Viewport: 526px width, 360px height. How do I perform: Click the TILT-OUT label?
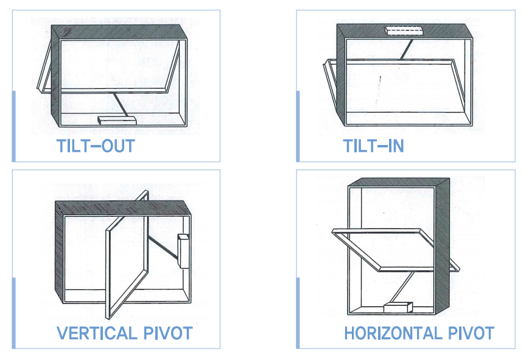coord(96,146)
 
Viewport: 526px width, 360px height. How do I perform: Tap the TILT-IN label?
coord(373,146)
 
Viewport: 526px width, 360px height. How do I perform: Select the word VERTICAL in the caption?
coord(97,333)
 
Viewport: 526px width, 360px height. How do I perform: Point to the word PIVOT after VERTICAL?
coord(168,333)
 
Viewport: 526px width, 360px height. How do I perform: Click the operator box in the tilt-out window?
coord(117,120)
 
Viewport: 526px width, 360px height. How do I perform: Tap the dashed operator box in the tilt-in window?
coord(404,31)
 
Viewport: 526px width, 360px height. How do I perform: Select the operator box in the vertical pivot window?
coord(183,251)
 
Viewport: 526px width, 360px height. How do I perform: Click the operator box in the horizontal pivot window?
coord(398,307)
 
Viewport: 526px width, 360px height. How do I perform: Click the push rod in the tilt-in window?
coord(406,50)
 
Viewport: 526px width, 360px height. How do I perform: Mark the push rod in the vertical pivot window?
coord(163,247)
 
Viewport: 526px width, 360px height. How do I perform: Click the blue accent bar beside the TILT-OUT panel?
coord(14,126)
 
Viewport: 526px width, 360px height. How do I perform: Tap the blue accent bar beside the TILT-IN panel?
coord(298,126)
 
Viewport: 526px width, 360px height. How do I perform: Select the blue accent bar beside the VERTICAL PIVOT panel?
coord(14,313)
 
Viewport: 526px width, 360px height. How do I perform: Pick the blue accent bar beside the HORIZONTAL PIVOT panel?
coord(298,313)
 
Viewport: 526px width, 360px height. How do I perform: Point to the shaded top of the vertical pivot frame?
coord(123,208)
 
